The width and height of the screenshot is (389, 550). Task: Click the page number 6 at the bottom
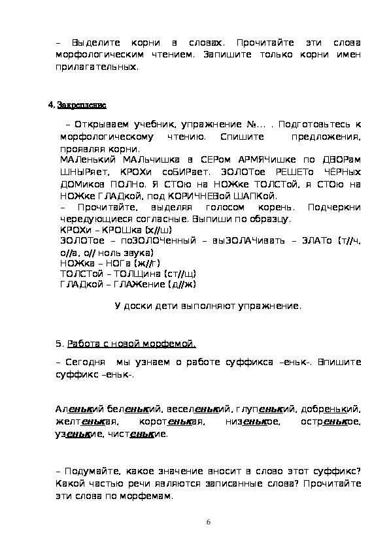coord(208,522)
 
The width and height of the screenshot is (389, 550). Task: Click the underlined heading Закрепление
coord(82,105)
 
